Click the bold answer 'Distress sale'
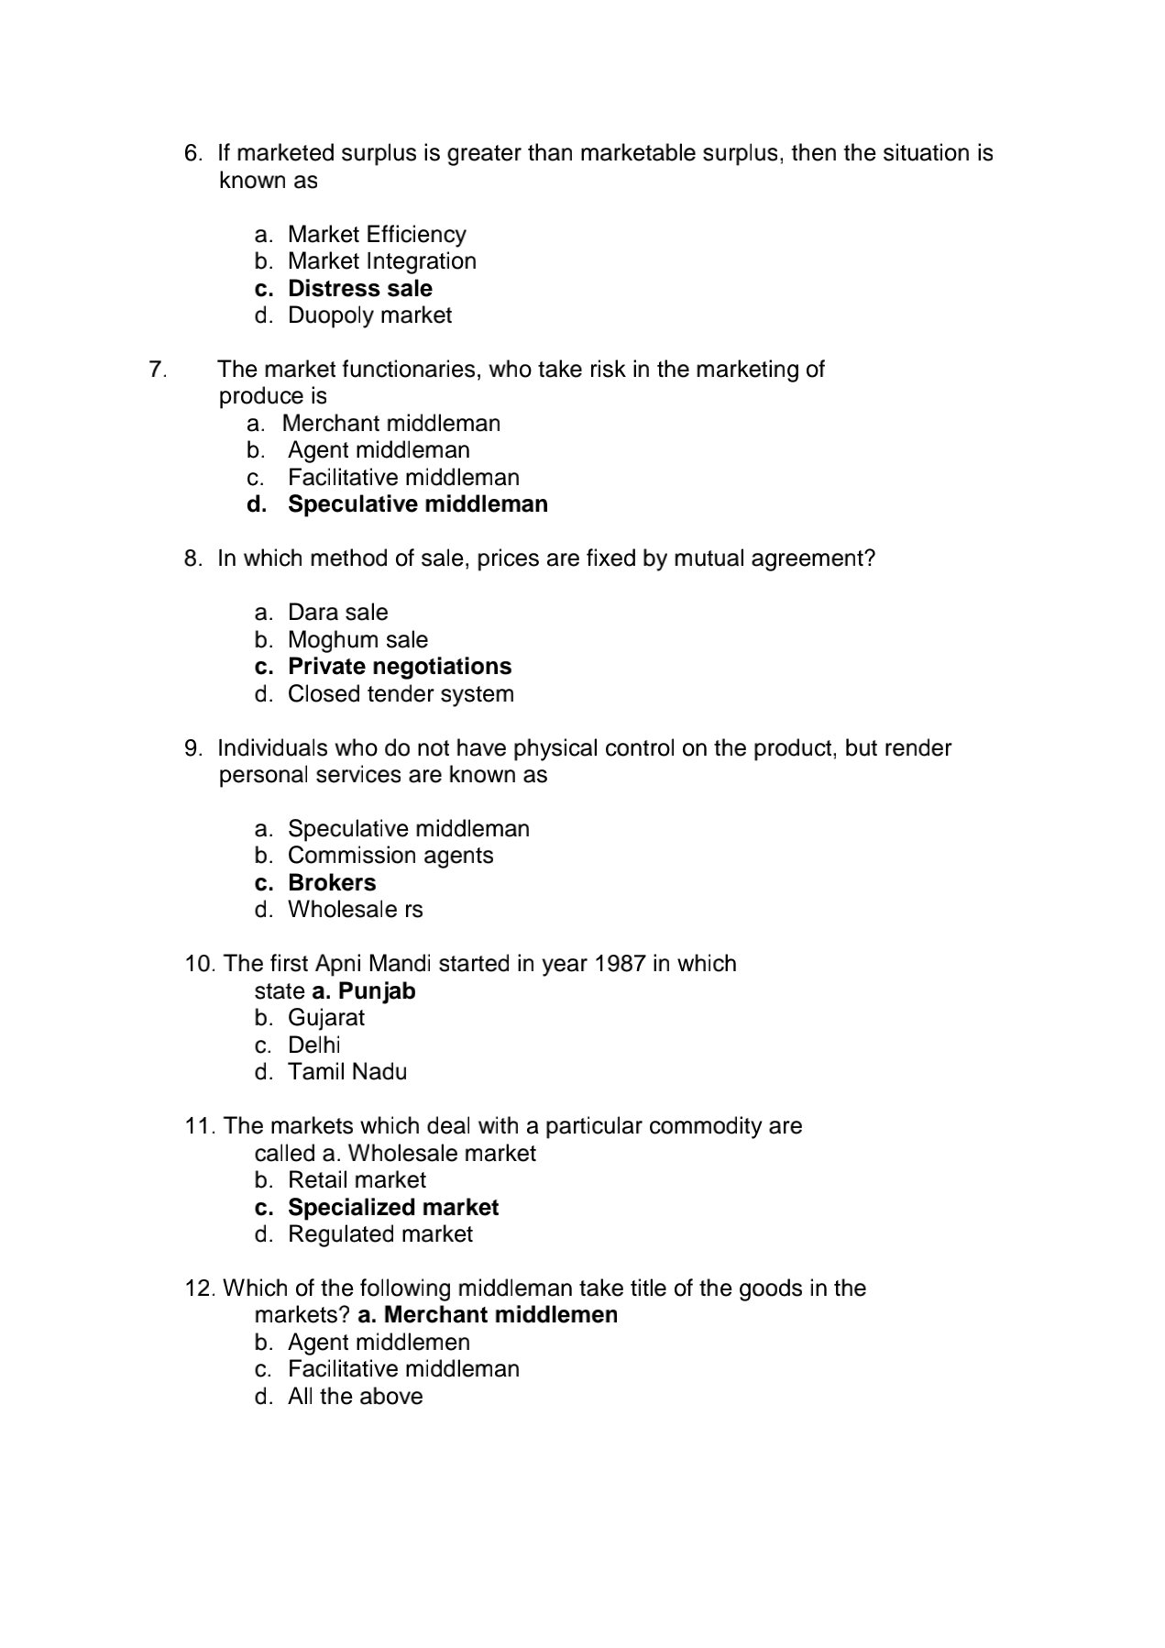click(x=359, y=288)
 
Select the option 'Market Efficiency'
click(x=376, y=234)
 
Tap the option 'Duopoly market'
click(x=369, y=315)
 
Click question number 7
click(x=157, y=370)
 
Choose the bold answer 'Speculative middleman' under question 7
click(x=417, y=504)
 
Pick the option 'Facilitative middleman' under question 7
click(x=403, y=478)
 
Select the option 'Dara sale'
click(x=337, y=613)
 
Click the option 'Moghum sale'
click(x=357, y=639)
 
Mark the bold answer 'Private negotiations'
click(x=399, y=667)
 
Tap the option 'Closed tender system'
click(x=401, y=694)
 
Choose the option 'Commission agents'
click(x=390, y=856)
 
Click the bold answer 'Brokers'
click(x=332, y=883)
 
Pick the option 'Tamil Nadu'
click(x=346, y=1072)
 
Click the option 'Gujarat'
click(x=325, y=1018)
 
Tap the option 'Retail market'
click(x=357, y=1180)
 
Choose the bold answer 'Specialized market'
click(x=392, y=1208)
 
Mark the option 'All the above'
click(x=355, y=1397)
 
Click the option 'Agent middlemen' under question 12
click(x=379, y=1343)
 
